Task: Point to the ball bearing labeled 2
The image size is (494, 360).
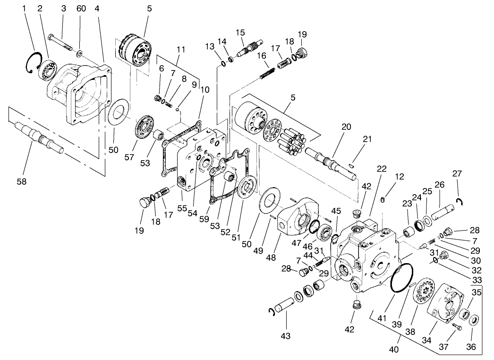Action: (x=49, y=69)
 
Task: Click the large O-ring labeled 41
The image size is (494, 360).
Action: (x=400, y=282)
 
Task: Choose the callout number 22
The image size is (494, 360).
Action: (x=382, y=169)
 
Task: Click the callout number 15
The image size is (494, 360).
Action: (x=240, y=33)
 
